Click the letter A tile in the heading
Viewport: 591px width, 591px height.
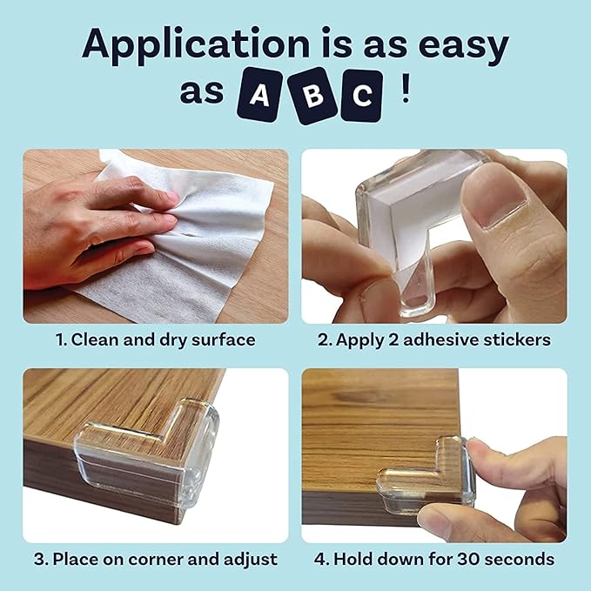(259, 95)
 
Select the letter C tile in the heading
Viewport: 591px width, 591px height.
(361, 95)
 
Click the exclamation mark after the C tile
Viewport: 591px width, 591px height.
(405, 92)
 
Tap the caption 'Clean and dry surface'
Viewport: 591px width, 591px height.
(155, 339)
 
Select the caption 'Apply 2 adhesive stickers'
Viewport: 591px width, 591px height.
(433, 339)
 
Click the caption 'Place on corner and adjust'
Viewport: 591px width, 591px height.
(155, 558)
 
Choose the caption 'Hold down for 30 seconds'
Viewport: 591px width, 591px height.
(433, 558)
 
